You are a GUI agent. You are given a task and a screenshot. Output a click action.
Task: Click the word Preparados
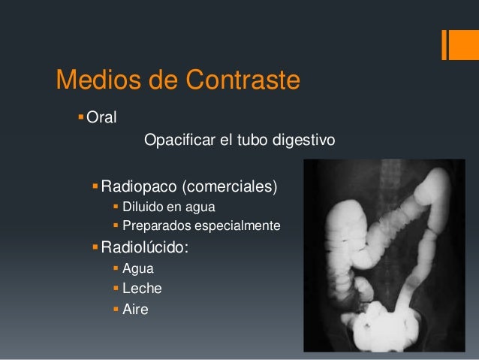pos(156,225)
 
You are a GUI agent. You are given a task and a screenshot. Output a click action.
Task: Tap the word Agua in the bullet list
pos(137,267)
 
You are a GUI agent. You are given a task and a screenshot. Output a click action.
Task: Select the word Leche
pos(142,287)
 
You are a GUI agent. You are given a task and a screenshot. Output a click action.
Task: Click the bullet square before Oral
pos(81,116)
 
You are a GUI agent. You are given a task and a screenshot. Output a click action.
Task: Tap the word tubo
pos(247,141)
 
